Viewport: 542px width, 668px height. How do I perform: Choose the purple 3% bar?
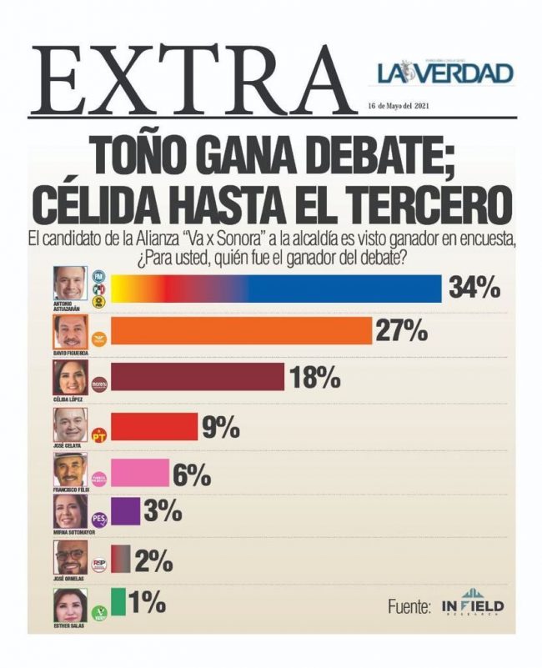click(125, 511)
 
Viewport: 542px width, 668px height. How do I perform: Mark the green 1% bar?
click(118, 601)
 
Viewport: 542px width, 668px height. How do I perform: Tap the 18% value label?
click(314, 378)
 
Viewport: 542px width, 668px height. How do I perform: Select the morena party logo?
click(98, 385)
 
